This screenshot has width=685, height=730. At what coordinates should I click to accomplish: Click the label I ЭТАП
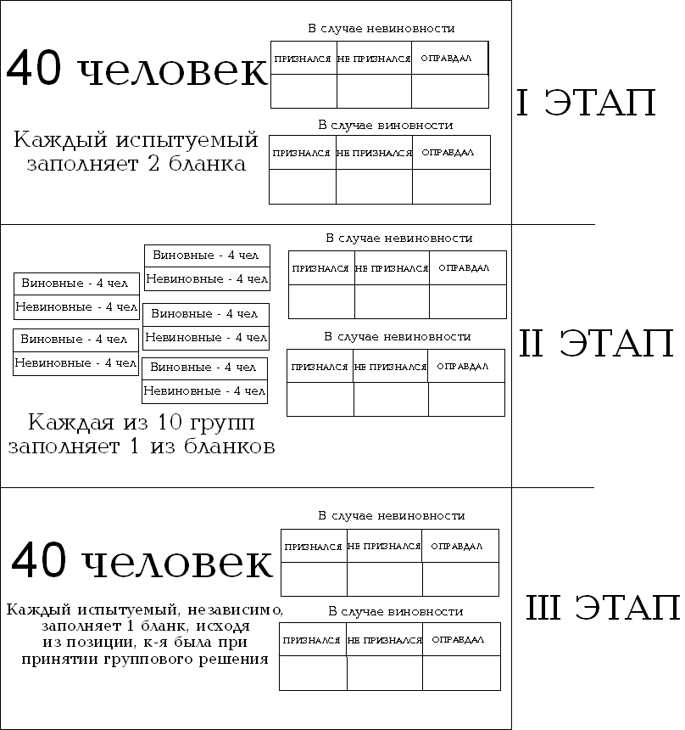(x=586, y=104)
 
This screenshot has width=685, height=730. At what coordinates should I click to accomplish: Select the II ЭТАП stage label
(x=596, y=344)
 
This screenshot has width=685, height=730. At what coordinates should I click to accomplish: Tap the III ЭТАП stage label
(x=603, y=608)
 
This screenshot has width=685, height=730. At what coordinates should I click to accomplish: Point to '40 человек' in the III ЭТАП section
(x=142, y=562)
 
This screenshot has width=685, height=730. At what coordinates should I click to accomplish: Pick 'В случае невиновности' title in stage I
(x=381, y=29)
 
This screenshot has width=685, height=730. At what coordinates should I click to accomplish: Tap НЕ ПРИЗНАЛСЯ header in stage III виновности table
(x=384, y=640)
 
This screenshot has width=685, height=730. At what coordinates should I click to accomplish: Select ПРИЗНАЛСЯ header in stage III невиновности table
(x=313, y=547)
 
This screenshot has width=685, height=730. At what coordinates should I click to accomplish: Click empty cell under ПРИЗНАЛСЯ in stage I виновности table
(x=302, y=187)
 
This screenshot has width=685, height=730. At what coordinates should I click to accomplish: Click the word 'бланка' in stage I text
(x=209, y=164)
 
